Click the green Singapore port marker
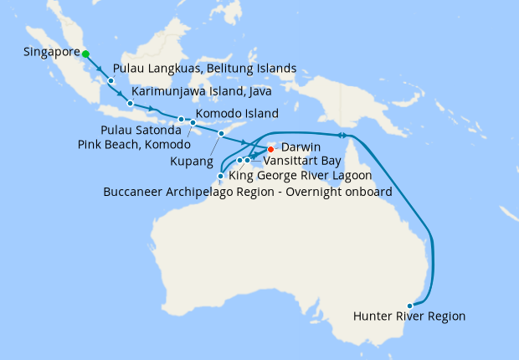[x=85, y=54]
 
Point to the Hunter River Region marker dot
[x=409, y=306]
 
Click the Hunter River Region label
[x=409, y=316]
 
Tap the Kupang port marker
[x=222, y=133]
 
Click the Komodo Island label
[x=237, y=114]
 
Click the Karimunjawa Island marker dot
[x=131, y=103]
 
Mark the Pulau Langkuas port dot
[x=110, y=80]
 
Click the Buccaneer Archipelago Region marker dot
[x=220, y=176]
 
